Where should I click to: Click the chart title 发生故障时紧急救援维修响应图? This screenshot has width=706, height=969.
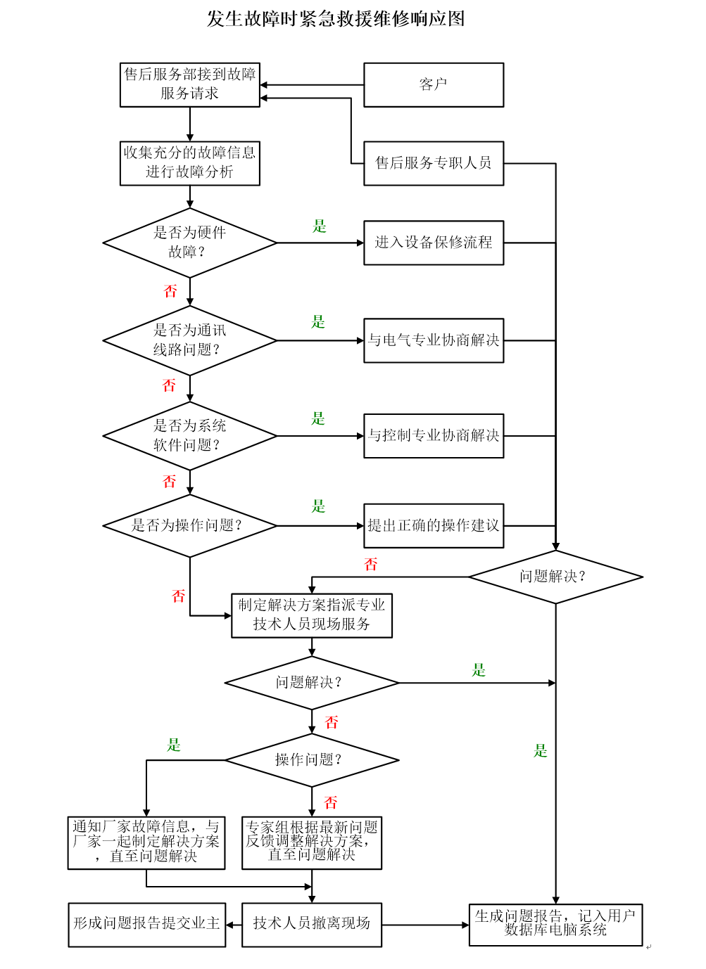(336, 19)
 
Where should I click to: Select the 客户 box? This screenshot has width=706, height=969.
(434, 85)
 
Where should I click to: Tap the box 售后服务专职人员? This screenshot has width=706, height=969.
(434, 163)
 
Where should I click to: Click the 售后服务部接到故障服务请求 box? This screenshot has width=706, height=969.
(189, 84)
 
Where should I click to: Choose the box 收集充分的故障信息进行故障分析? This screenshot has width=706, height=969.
(189, 163)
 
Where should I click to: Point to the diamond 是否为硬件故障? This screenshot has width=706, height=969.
(189, 243)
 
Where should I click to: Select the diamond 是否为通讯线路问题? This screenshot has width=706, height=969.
(189, 340)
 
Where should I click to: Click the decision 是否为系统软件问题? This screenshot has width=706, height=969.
(189, 436)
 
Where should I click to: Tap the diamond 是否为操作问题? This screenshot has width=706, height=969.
(189, 525)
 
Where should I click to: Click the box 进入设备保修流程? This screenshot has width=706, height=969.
(434, 243)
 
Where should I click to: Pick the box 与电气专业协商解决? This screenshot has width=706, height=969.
(434, 340)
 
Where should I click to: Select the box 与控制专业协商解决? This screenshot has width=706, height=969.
(434, 436)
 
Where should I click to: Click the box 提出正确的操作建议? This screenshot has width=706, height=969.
(434, 525)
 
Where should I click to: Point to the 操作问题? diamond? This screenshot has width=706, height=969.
(312, 760)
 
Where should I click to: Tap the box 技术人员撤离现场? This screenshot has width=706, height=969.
(312, 924)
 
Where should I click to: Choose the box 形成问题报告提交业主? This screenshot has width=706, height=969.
(147, 924)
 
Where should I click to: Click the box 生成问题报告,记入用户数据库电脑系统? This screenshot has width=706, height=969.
(555, 924)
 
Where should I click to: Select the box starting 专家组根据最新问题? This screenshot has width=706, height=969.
(312, 842)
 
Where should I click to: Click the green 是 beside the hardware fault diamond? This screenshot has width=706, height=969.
(320, 226)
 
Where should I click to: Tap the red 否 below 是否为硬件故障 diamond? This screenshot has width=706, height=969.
(170, 291)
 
